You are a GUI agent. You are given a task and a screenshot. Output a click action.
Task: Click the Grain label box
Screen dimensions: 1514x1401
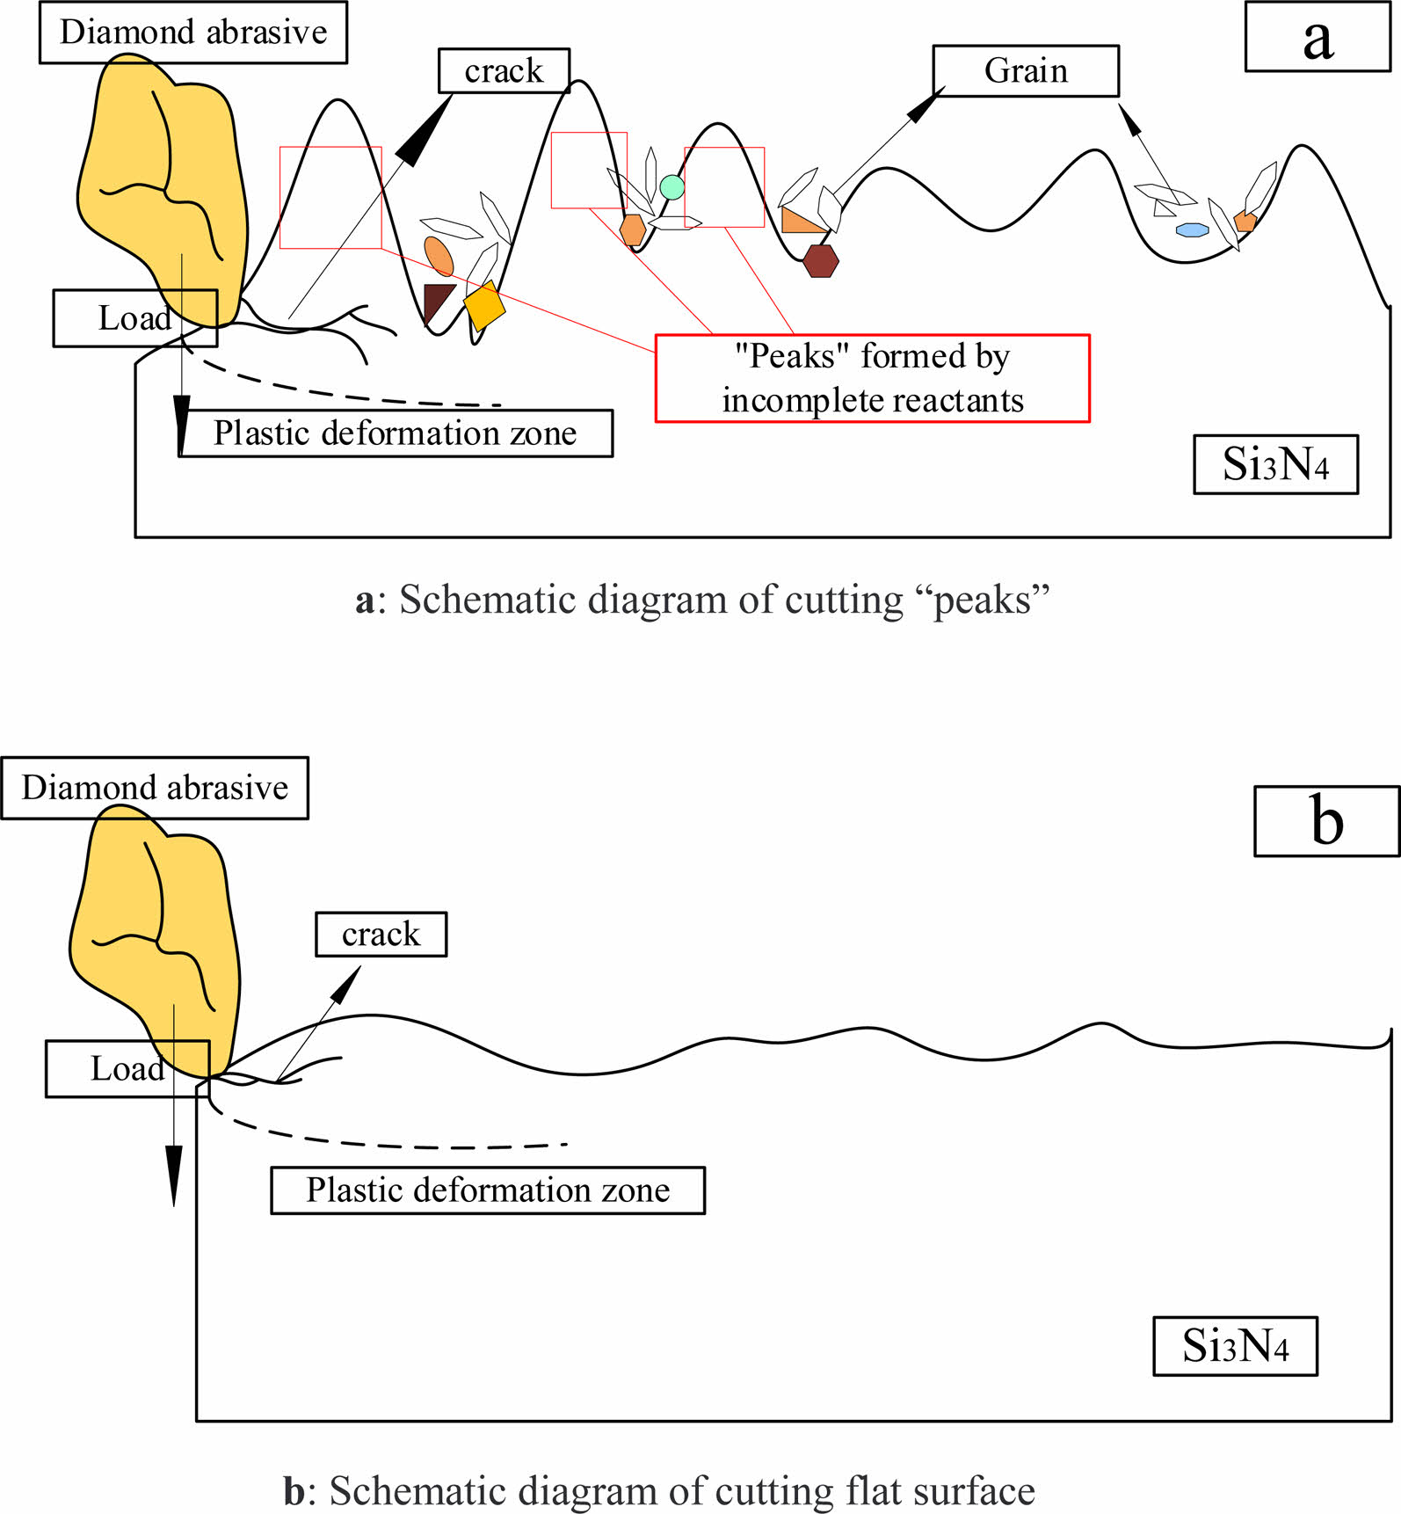[x=1025, y=70]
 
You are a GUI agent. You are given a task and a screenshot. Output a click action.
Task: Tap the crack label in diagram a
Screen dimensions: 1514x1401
[x=504, y=70]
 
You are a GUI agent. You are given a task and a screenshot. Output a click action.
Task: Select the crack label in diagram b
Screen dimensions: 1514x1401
[x=381, y=934]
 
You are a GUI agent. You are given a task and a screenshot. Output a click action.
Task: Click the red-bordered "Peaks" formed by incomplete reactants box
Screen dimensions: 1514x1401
[x=872, y=378]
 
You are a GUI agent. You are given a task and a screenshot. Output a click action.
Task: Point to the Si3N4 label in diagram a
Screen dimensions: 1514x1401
[x=1275, y=464]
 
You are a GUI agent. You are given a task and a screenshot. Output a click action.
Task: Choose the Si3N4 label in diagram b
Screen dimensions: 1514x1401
[x=1235, y=1345]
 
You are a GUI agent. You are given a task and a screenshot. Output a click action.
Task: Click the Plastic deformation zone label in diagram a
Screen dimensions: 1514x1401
[x=396, y=433]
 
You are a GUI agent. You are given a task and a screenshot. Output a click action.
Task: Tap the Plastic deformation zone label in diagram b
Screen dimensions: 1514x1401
[x=488, y=1190]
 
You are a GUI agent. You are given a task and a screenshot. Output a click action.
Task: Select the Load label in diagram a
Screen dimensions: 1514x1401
[x=134, y=318]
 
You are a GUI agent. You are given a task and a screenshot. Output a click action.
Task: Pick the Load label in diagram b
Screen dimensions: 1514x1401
[x=127, y=1069]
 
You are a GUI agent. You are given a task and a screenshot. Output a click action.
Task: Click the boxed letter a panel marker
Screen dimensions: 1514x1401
[x=1318, y=38]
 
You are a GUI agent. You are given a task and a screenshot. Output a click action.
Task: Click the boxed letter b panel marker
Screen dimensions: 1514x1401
[x=1326, y=821]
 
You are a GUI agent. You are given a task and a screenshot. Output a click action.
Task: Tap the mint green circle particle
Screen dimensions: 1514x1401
[x=671, y=186]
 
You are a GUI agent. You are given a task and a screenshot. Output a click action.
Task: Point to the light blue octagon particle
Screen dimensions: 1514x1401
[x=1193, y=229]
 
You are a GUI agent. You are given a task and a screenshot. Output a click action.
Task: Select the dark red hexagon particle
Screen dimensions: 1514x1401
[x=821, y=261]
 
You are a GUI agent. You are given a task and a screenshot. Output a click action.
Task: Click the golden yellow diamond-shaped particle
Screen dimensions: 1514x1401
[x=484, y=305]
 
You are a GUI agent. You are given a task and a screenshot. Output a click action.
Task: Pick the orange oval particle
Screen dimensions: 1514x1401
[x=439, y=256]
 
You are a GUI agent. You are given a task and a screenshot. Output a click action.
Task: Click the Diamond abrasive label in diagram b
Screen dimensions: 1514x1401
[x=155, y=788]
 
